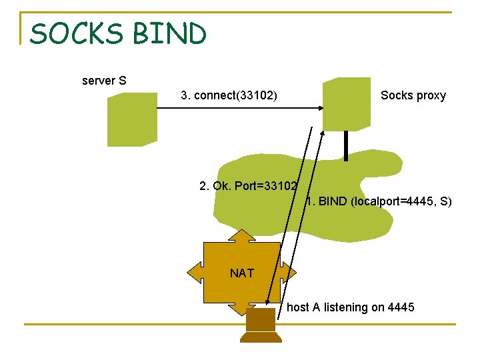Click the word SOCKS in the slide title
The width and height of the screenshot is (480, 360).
(x=75, y=34)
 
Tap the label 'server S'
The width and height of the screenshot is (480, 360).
(x=104, y=81)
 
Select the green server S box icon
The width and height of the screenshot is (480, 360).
(x=132, y=119)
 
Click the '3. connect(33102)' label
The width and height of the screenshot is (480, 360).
(x=229, y=96)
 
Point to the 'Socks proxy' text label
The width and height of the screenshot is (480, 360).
(x=413, y=96)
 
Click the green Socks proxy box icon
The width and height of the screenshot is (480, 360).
(x=346, y=104)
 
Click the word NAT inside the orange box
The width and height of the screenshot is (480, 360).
(x=241, y=273)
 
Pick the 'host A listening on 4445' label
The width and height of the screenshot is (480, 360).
(x=350, y=307)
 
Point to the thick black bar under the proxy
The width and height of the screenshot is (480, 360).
(x=346, y=145)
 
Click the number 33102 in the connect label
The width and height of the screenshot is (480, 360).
(x=256, y=96)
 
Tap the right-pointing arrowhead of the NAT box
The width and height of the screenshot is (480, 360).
(x=291, y=273)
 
